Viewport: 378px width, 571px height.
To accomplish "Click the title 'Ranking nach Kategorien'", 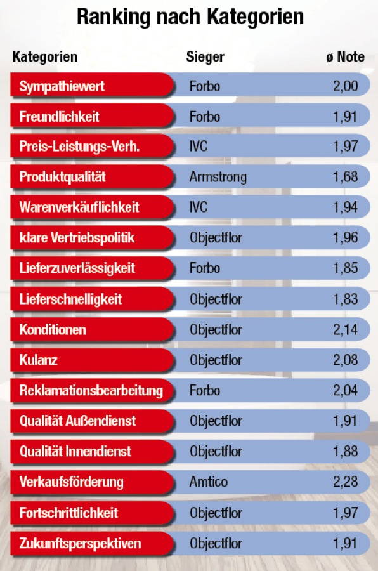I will click(190, 17).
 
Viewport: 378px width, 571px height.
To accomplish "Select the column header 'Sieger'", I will click(205, 57).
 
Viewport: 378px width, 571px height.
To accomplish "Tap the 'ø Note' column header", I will click(346, 57).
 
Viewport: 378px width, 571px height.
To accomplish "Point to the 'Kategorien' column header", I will click(45, 57).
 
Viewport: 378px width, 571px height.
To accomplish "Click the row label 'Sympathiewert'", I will click(62, 86).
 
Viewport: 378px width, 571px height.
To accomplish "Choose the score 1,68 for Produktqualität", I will click(346, 177).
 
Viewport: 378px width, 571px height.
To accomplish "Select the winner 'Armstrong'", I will click(218, 177).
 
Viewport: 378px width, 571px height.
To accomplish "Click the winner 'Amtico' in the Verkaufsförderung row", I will click(207, 482).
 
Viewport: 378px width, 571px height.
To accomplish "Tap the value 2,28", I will click(346, 482).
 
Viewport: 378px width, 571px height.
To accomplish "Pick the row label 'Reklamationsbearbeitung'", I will click(91, 391).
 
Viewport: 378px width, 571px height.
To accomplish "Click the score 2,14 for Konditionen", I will click(346, 330).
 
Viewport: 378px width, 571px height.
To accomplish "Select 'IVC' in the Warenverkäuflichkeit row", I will click(199, 207).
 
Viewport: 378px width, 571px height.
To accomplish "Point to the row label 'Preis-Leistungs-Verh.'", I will click(79, 147).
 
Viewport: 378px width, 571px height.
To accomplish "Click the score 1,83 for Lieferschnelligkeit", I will click(346, 299).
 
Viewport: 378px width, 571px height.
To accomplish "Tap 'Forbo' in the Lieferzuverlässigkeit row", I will click(205, 268).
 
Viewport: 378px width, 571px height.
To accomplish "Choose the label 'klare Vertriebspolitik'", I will click(77, 238).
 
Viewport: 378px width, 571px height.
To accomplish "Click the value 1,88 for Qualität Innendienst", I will click(346, 452).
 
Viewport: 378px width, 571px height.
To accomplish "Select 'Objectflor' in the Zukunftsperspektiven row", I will click(216, 544).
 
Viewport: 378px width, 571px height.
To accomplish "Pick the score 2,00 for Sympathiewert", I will click(346, 86).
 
